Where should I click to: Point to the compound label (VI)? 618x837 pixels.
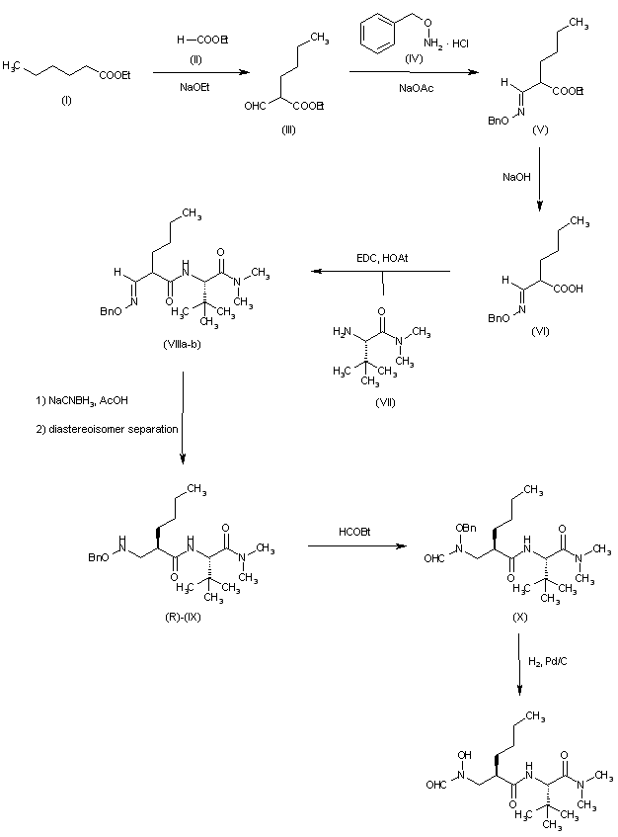point(540,330)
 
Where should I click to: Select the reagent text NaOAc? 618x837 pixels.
point(410,87)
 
